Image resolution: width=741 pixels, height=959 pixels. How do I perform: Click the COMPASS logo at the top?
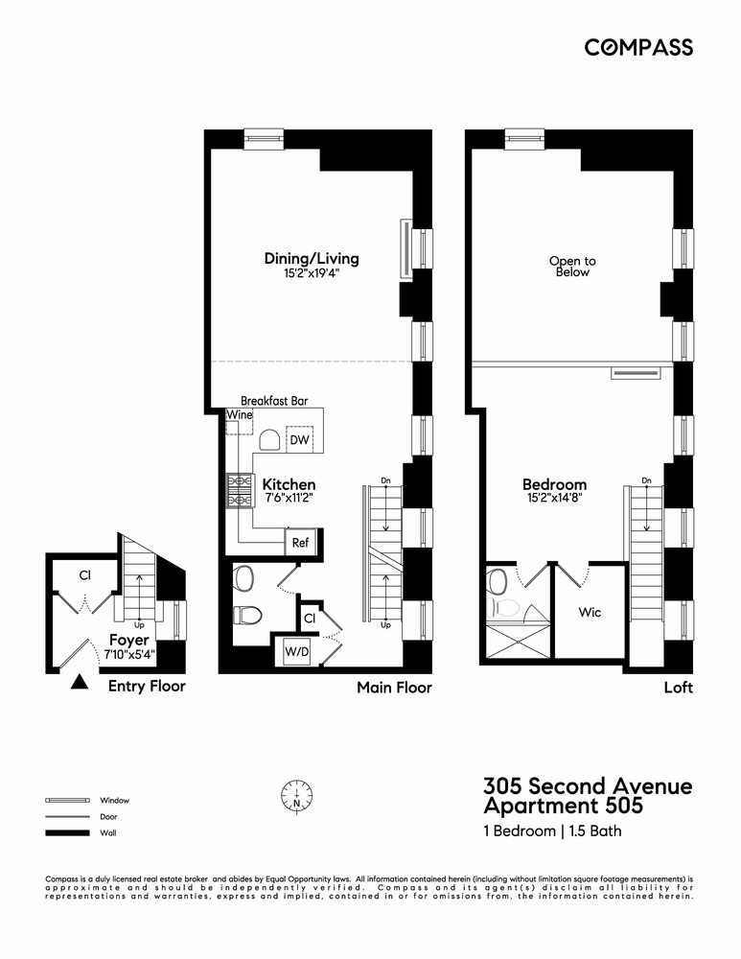[x=638, y=47]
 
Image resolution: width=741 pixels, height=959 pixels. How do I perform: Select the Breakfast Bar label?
[x=274, y=401]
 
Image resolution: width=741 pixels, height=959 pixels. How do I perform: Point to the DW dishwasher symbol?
[x=299, y=439]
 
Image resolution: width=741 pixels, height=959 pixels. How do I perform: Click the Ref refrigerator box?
[x=300, y=543]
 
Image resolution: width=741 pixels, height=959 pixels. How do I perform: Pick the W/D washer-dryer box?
[x=291, y=653]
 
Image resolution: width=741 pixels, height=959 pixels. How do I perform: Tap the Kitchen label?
[x=289, y=485]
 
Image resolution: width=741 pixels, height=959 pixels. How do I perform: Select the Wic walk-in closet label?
[x=590, y=612]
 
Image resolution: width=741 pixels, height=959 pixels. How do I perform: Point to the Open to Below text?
[x=572, y=266]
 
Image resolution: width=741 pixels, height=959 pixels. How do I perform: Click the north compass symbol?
[x=297, y=794]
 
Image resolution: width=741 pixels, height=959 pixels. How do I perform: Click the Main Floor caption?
[x=394, y=688]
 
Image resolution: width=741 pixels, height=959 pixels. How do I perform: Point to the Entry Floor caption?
[x=147, y=686]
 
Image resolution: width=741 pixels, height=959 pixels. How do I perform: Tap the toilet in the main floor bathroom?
[x=248, y=614]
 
